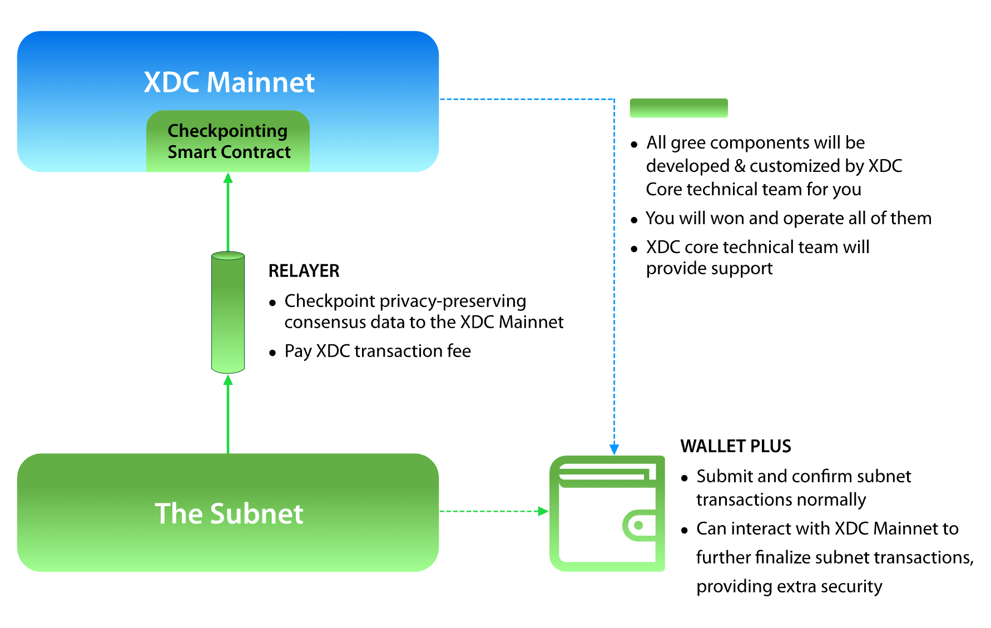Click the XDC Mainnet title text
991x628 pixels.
pos(229,82)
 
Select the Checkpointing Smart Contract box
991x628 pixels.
pos(228,141)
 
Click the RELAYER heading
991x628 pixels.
pos(304,271)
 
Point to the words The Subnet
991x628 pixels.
pos(229,513)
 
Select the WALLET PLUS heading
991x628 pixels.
pos(735,446)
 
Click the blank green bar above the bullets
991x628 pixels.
pos(678,108)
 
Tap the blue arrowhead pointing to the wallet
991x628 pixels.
pos(614,449)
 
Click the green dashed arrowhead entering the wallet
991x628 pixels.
pos(543,511)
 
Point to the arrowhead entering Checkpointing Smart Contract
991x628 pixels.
pos(228,178)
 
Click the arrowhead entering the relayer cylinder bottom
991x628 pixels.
pos(228,380)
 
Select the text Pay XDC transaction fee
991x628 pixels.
pos(378,351)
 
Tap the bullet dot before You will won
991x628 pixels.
pos(634,220)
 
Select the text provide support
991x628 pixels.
pos(709,269)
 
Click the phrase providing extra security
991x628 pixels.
pos(789,586)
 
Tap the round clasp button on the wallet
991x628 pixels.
pos(638,525)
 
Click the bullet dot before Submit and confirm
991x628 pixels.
pos(685,478)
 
